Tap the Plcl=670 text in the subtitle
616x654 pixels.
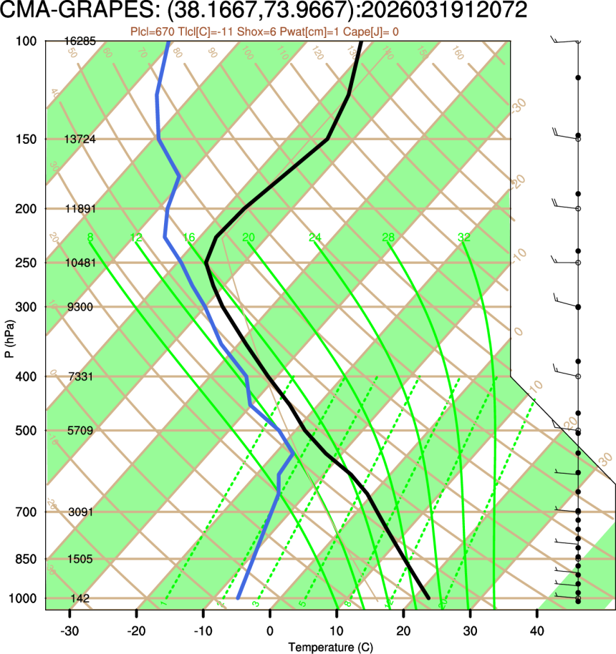click(x=151, y=31)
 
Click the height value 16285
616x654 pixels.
click(x=80, y=42)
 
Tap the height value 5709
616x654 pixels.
click(x=80, y=431)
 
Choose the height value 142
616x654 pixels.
click(x=80, y=598)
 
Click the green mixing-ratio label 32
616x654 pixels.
click(x=464, y=238)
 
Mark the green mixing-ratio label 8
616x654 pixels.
click(x=90, y=238)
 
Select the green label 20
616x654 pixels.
click(x=249, y=238)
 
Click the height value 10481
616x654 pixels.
click(x=80, y=263)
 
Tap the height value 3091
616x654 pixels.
click(x=80, y=512)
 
